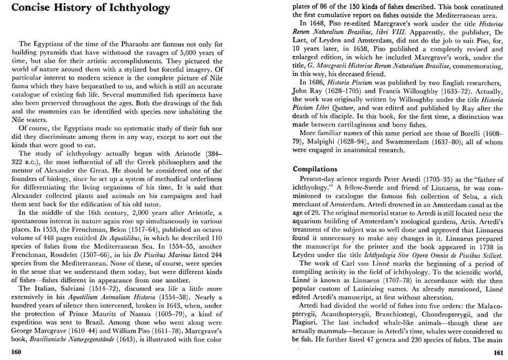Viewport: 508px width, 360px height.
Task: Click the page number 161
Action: pyautogui.click(x=497, y=351)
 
